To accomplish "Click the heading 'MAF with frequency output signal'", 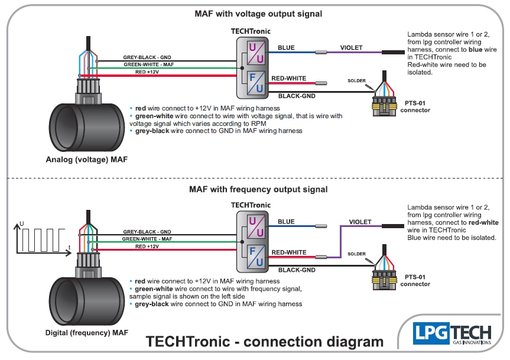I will pyautogui.click(x=258, y=190).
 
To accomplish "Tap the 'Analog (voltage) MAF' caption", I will pyautogui.click(x=87, y=159).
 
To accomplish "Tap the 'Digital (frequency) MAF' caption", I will pyautogui.click(x=86, y=333).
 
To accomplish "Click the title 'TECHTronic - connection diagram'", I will pyautogui.click(x=265, y=342).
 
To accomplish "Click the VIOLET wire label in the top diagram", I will pyautogui.click(x=351, y=47).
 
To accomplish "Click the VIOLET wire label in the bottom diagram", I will pyautogui.click(x=360, y=222).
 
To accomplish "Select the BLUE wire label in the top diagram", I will pyautogui.click(x=286, y=47).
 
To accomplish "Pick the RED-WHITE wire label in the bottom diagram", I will pyautogui.click(x=289, y=252).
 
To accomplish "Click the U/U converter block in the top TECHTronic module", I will pyautogui.click(x=255, y=52).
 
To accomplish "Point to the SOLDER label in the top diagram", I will pyautogui.click(x=356, y=80).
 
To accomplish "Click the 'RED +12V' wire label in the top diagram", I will pyautogui.click(x=147, y=72).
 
